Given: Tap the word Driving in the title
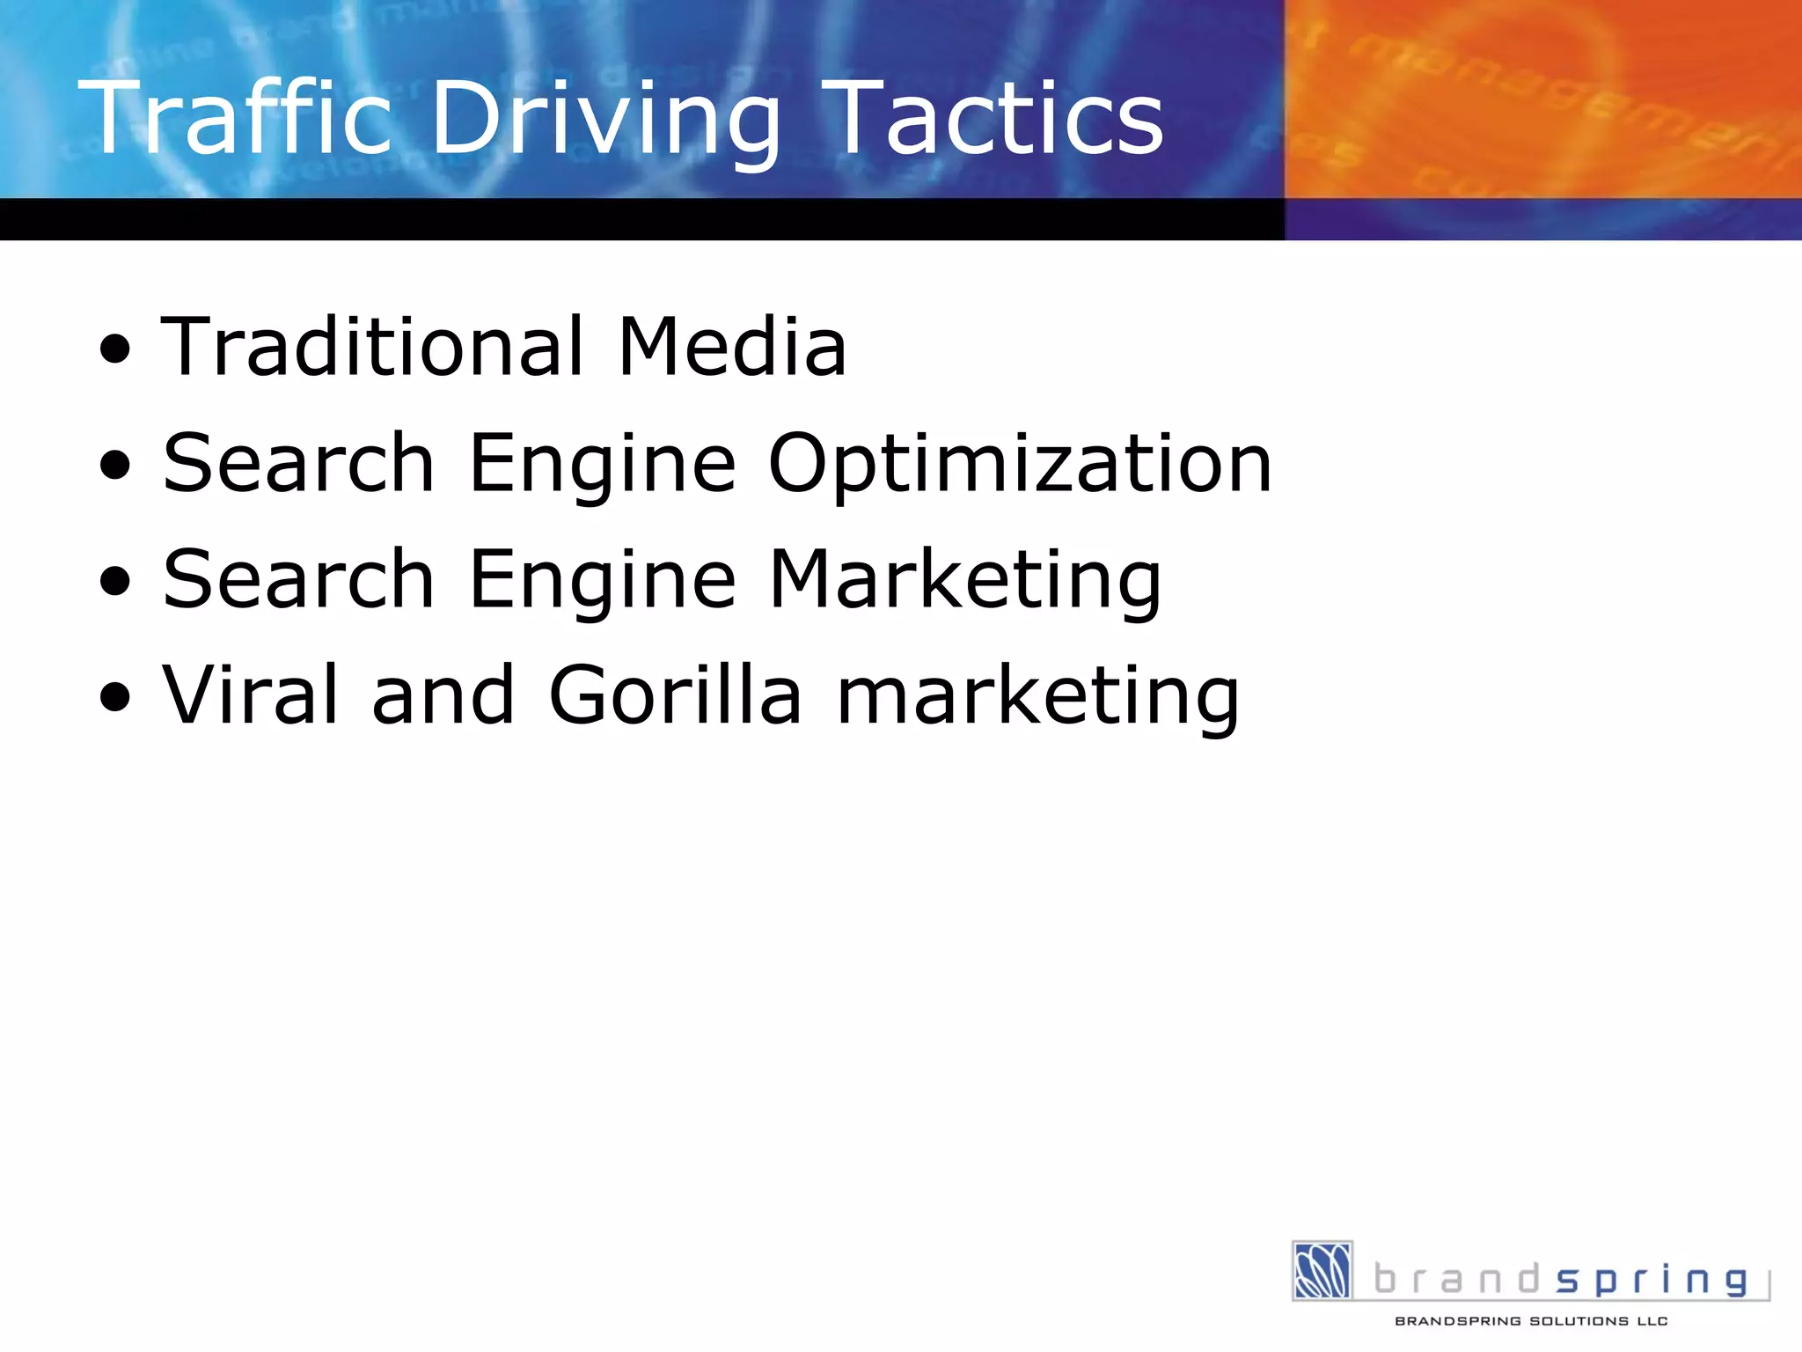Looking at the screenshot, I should [605, 119].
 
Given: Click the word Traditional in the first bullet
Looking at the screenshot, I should [373, 347].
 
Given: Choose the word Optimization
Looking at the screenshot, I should [1020, 464].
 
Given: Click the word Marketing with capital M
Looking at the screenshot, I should [965, 580].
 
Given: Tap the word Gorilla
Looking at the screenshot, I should [675, 695].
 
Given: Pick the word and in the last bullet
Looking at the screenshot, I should [443, 695].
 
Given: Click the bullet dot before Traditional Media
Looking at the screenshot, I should [115, 349].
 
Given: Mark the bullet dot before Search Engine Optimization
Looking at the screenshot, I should [115, 466].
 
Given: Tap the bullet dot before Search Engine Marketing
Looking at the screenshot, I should [115, 582].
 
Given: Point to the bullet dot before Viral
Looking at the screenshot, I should [115, 698].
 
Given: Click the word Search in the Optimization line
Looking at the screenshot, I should [299, 464].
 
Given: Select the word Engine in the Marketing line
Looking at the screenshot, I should [603, 580].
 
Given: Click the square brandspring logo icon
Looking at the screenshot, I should [1322, 1270].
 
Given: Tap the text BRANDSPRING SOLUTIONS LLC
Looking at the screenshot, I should [1531, 1321].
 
